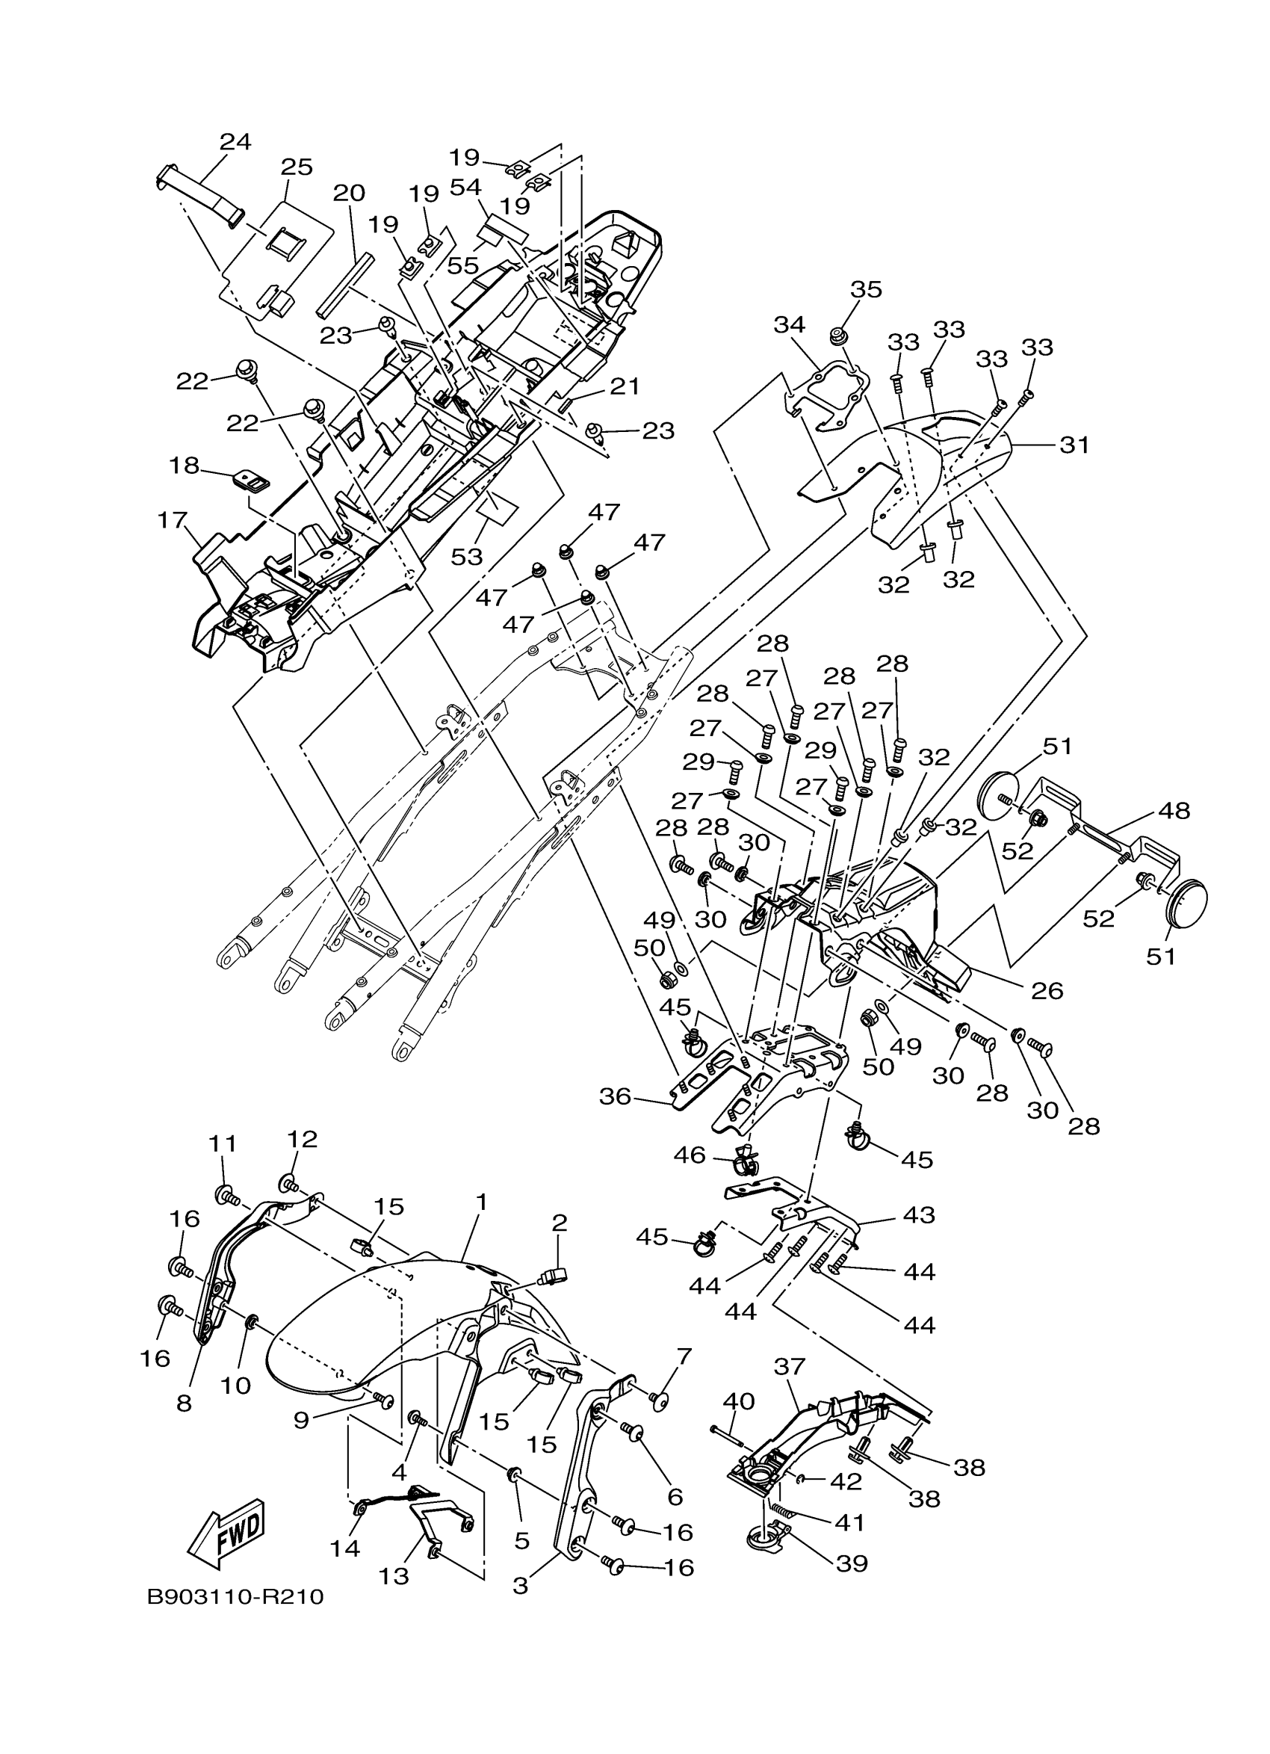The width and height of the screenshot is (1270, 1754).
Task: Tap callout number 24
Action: (235, 141)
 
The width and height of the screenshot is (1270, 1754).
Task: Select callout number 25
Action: (296, 167)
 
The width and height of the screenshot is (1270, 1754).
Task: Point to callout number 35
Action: (866, 289)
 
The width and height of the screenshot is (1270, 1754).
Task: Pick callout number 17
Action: (173, 520)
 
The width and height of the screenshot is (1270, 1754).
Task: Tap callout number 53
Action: (467, 556)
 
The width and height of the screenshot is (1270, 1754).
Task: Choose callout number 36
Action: (616, 1096)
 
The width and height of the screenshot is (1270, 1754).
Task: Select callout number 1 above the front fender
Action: (482, 1202)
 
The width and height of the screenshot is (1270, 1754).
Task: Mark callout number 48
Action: (1174, 812)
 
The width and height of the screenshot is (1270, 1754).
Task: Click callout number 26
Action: (1047, 991)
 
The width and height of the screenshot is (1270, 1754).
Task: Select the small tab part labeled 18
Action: (253, 483)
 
